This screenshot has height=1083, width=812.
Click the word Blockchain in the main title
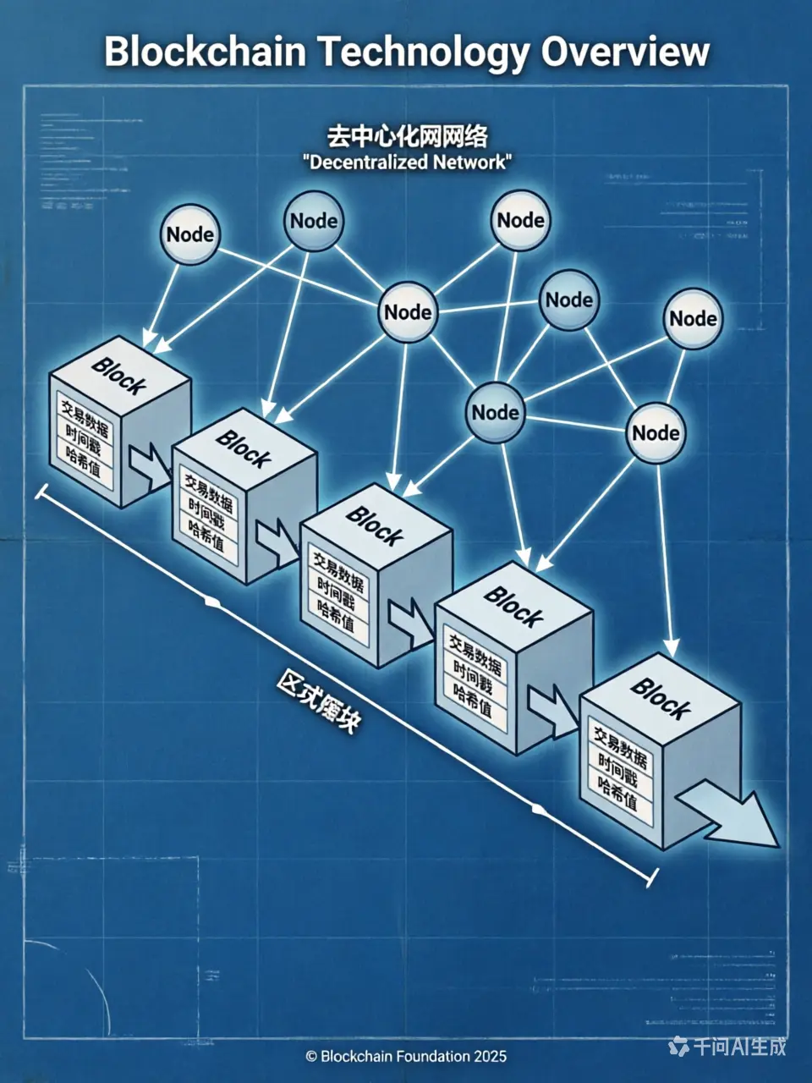(206, 52)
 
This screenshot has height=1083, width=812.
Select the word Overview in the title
(626, 52)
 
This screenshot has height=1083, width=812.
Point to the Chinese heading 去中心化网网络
(407, 136)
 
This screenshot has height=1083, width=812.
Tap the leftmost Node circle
(190, 234)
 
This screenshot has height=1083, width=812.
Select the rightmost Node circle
(693, 319)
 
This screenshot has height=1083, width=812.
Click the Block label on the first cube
(118, 375)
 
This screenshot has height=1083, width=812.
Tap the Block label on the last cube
(660, 696)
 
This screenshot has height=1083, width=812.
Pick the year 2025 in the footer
(491, 1056)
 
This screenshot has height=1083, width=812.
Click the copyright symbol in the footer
(311, 1056)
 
